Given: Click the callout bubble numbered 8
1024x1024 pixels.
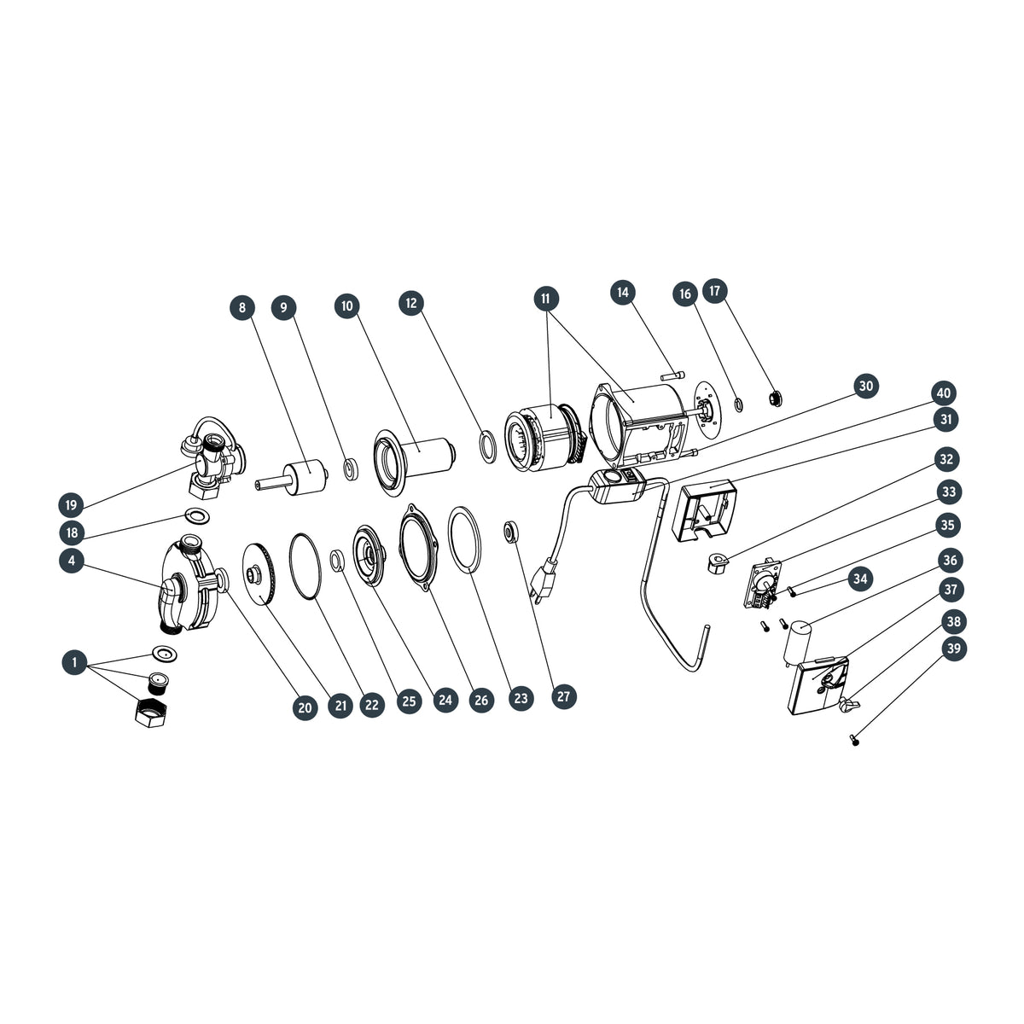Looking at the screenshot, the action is [x=242, y=308].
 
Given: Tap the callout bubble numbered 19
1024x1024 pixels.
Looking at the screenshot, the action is [x=71, y=504].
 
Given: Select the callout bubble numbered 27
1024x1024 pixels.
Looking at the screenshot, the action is [x=563, y=696].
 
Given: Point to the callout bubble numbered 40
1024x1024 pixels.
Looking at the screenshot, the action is [x=943, y=393].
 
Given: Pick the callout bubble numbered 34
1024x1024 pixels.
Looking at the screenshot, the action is [x=860, y=579].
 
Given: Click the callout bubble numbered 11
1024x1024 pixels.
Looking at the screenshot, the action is [x=546, y=299].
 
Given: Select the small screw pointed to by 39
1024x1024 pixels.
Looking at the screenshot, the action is [x=855, y=739].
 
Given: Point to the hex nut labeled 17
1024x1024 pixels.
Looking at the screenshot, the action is [x=776, y=397].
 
